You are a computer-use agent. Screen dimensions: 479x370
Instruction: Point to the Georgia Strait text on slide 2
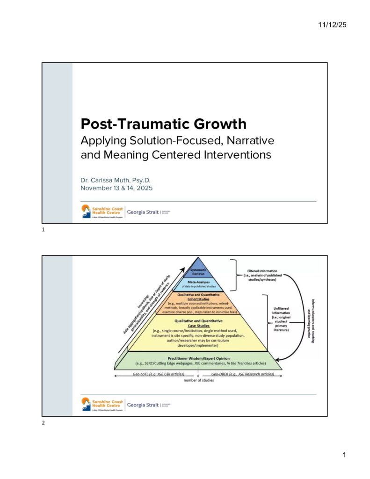(142, 405)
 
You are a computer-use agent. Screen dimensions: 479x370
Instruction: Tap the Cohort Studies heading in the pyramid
(198, 299)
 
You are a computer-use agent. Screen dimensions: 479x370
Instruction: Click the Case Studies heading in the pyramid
(198, 326)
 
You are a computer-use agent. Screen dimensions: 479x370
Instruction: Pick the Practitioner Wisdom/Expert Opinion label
(198, 358)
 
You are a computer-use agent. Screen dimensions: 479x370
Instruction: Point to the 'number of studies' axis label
(198, 380)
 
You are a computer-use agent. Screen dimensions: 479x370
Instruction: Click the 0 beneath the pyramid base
(198, 375)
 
